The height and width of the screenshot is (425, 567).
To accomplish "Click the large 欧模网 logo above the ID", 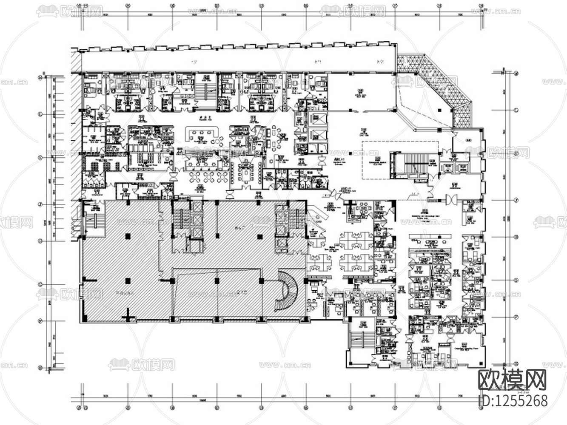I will (512, 380).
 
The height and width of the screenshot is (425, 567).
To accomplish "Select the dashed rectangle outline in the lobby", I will (400, 160).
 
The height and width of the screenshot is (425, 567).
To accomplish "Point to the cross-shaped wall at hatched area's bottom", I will (126, 316).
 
